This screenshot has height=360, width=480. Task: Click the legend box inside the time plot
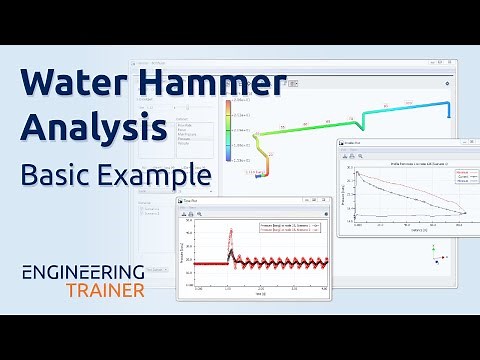[289, 227]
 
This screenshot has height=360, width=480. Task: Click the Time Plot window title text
[192, 202]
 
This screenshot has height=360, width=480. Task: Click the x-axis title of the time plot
[260, 293]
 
